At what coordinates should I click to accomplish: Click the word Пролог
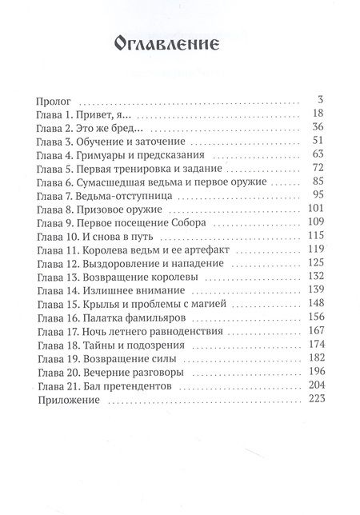point(54,102)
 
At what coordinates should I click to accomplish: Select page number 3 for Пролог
point(319,102)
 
